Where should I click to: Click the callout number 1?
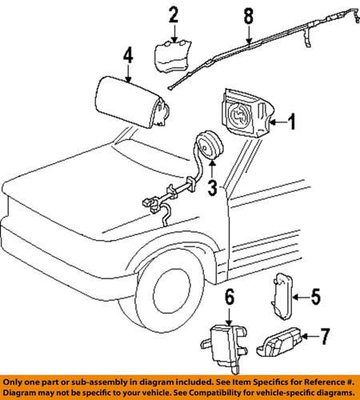click(x=292, y=122)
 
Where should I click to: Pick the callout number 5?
click(x=315, y=298)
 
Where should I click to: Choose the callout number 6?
click(x=230, y=297)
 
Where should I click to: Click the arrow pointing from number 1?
click(x=278, y=122)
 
